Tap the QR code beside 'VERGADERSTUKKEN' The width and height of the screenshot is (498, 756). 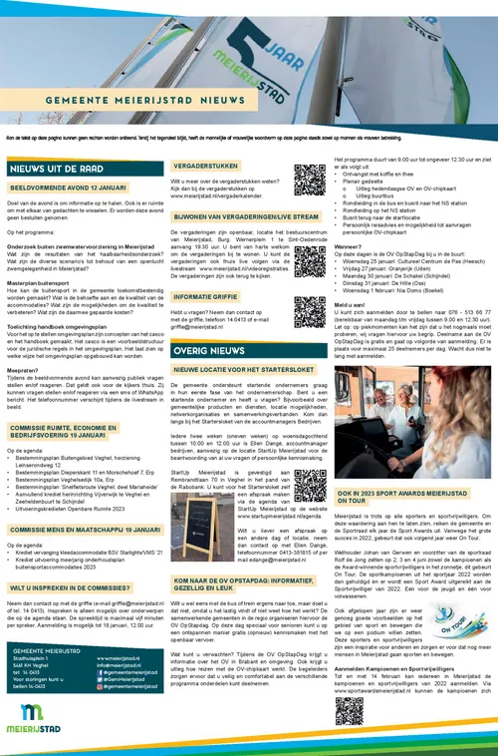310,181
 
